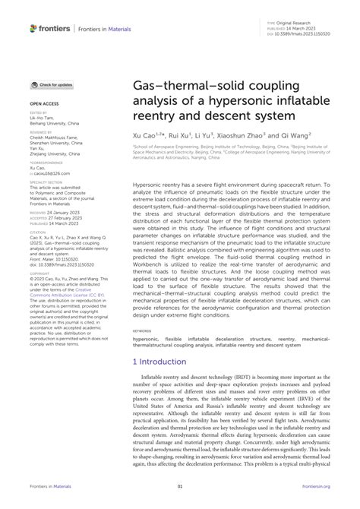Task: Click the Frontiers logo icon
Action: [33, 28]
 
